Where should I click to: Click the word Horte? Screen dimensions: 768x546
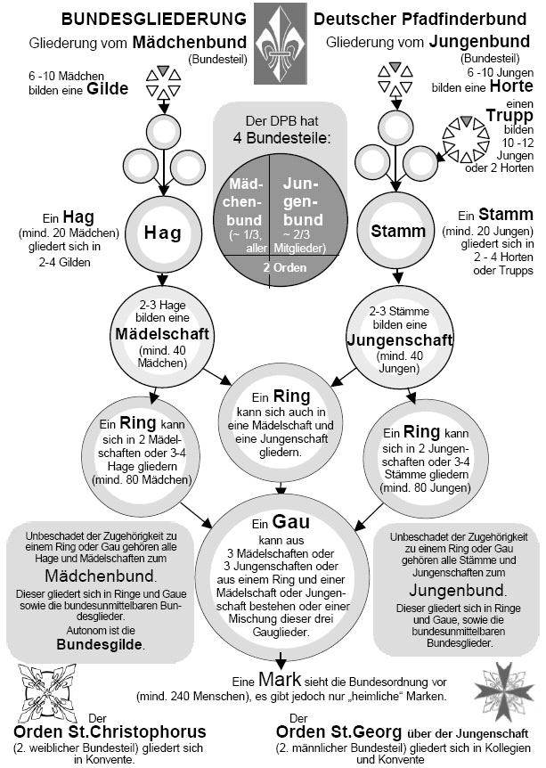click(511, 86)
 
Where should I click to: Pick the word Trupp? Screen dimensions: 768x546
click(509, 115)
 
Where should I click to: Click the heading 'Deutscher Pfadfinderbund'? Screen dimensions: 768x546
click(418, 18)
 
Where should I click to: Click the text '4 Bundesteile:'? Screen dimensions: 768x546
click(272, 138)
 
